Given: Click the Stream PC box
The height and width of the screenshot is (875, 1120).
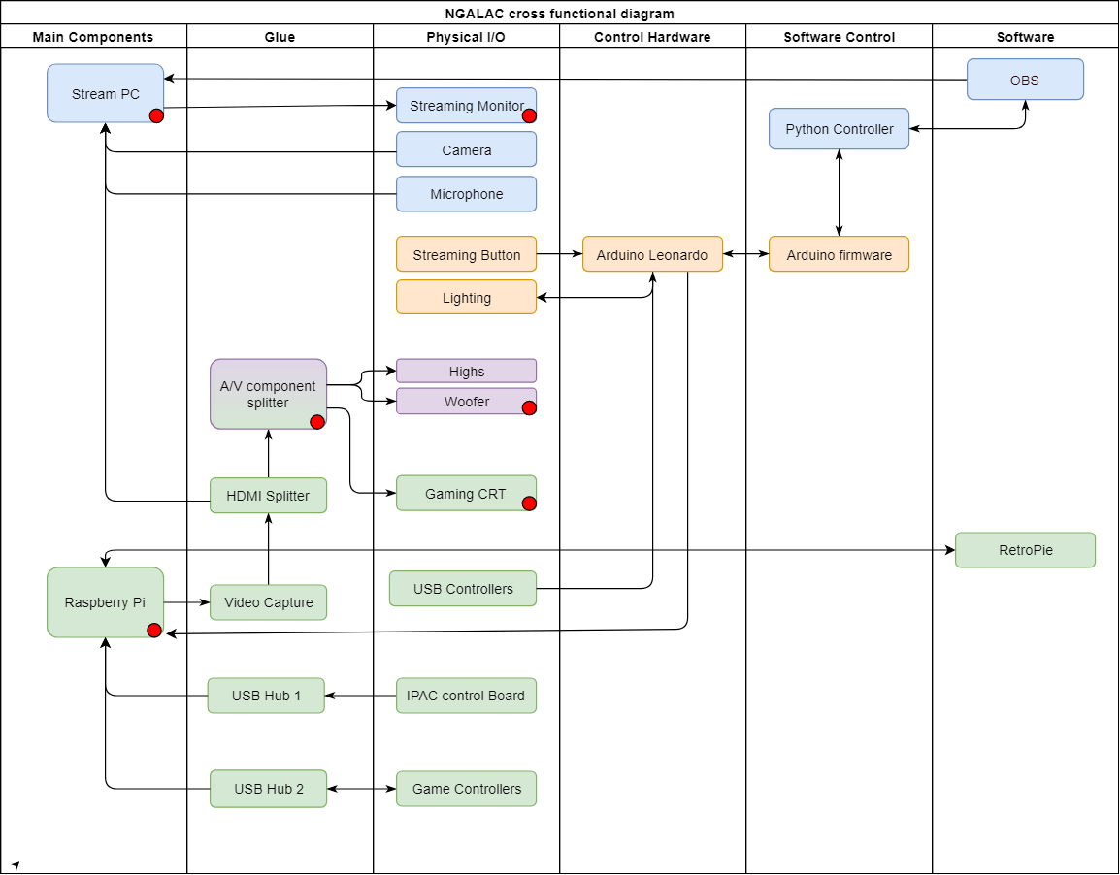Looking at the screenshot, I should click(x=105, y=93).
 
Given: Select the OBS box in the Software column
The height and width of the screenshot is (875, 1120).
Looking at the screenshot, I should click(x=1025, y=80).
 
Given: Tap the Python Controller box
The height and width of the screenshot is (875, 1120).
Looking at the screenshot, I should click(x=839, y=129).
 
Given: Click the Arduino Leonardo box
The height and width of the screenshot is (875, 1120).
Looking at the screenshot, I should click(x=652, y=254).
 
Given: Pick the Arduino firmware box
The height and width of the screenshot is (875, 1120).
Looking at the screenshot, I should click(x=839, y=254).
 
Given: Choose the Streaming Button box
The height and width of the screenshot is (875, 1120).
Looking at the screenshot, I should click(x=466, y=254).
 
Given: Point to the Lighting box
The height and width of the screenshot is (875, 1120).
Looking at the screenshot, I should click(x=466, y=297).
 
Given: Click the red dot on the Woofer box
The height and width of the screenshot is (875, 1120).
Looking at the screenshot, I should click(x=529, y=407).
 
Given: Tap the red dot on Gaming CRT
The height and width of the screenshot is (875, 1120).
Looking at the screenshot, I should click(x=529, y=502).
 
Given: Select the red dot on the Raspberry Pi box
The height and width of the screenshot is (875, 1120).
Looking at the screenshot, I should click(x=153, y=631).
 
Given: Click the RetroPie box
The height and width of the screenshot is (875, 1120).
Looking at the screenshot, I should click(x=1025, y=550).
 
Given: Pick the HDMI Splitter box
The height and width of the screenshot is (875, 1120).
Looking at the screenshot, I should click(x=268, y=496).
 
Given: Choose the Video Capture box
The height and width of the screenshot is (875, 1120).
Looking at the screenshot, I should click(x=268, y=602).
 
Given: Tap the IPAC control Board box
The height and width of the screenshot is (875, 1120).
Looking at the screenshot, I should click(x=466, y=696).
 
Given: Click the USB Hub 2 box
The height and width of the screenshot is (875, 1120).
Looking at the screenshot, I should click(x=268, y=789).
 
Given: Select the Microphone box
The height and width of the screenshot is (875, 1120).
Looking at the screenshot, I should click(x=466, y=194).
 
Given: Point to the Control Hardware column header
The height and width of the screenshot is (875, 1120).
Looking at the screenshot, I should click(x=652, y=37).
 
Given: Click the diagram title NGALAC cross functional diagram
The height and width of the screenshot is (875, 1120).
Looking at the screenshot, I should click(x=559, y=13).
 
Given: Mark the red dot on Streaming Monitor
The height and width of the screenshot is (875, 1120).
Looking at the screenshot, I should click(x=529, y=115).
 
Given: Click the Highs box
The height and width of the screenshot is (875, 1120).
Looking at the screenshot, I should click(x=466, y=371).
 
